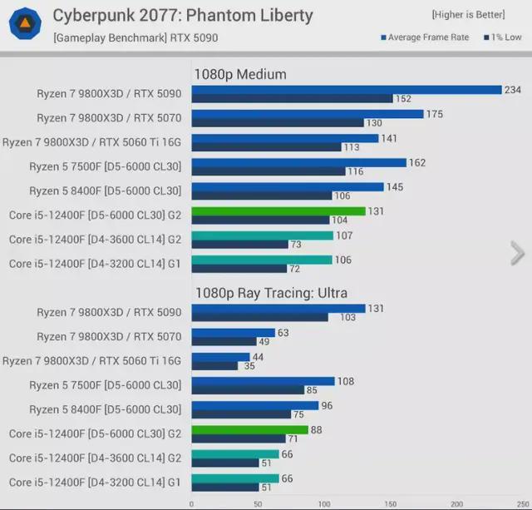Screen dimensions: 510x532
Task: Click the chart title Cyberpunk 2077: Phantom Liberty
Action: [183, 15]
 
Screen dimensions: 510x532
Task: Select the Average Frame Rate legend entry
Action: [425, 37]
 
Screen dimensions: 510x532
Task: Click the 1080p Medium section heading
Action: [239, 74]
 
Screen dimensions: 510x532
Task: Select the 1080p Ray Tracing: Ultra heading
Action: [270, 293]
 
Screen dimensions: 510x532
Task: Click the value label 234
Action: [513, 89]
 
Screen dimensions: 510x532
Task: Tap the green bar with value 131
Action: [278, 211]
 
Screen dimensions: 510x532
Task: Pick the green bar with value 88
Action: [250, 430]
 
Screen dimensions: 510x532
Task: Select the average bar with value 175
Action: [308, 114]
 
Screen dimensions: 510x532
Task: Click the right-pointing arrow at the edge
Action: [517, 252]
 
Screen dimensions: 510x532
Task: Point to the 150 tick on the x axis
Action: [391, 503]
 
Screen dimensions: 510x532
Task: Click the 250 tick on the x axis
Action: [521, 503]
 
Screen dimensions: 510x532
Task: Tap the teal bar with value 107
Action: [262, 235]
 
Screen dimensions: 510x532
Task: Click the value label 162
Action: [416, 162]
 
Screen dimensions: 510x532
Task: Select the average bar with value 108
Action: [263, 382]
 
